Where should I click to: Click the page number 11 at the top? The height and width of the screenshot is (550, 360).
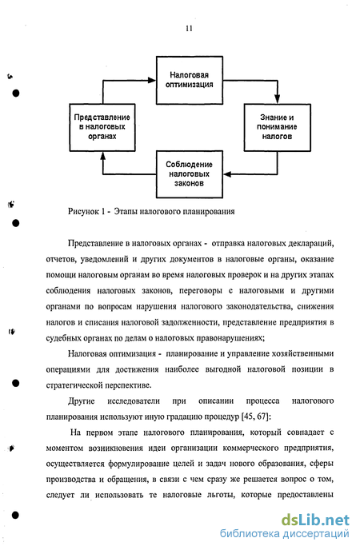189,29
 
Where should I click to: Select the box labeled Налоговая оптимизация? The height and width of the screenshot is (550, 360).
190,80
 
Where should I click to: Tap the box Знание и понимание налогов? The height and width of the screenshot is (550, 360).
277,127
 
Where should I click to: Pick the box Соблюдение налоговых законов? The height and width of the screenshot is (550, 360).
190,174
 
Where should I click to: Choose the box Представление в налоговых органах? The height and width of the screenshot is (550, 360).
102,127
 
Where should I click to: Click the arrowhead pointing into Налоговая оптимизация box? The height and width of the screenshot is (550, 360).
152,80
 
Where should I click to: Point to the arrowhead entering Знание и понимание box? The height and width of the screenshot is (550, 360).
277,100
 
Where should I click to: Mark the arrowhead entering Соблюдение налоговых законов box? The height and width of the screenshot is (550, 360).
227,174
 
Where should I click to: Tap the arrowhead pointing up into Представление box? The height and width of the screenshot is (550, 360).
103,156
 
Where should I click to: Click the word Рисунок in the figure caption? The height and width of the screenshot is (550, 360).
83,212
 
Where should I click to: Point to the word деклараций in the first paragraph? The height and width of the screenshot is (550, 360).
310,243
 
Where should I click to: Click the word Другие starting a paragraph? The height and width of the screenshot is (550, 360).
82,401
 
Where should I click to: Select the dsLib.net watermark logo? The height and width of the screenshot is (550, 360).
315,520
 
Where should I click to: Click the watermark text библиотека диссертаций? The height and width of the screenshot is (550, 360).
285,534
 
